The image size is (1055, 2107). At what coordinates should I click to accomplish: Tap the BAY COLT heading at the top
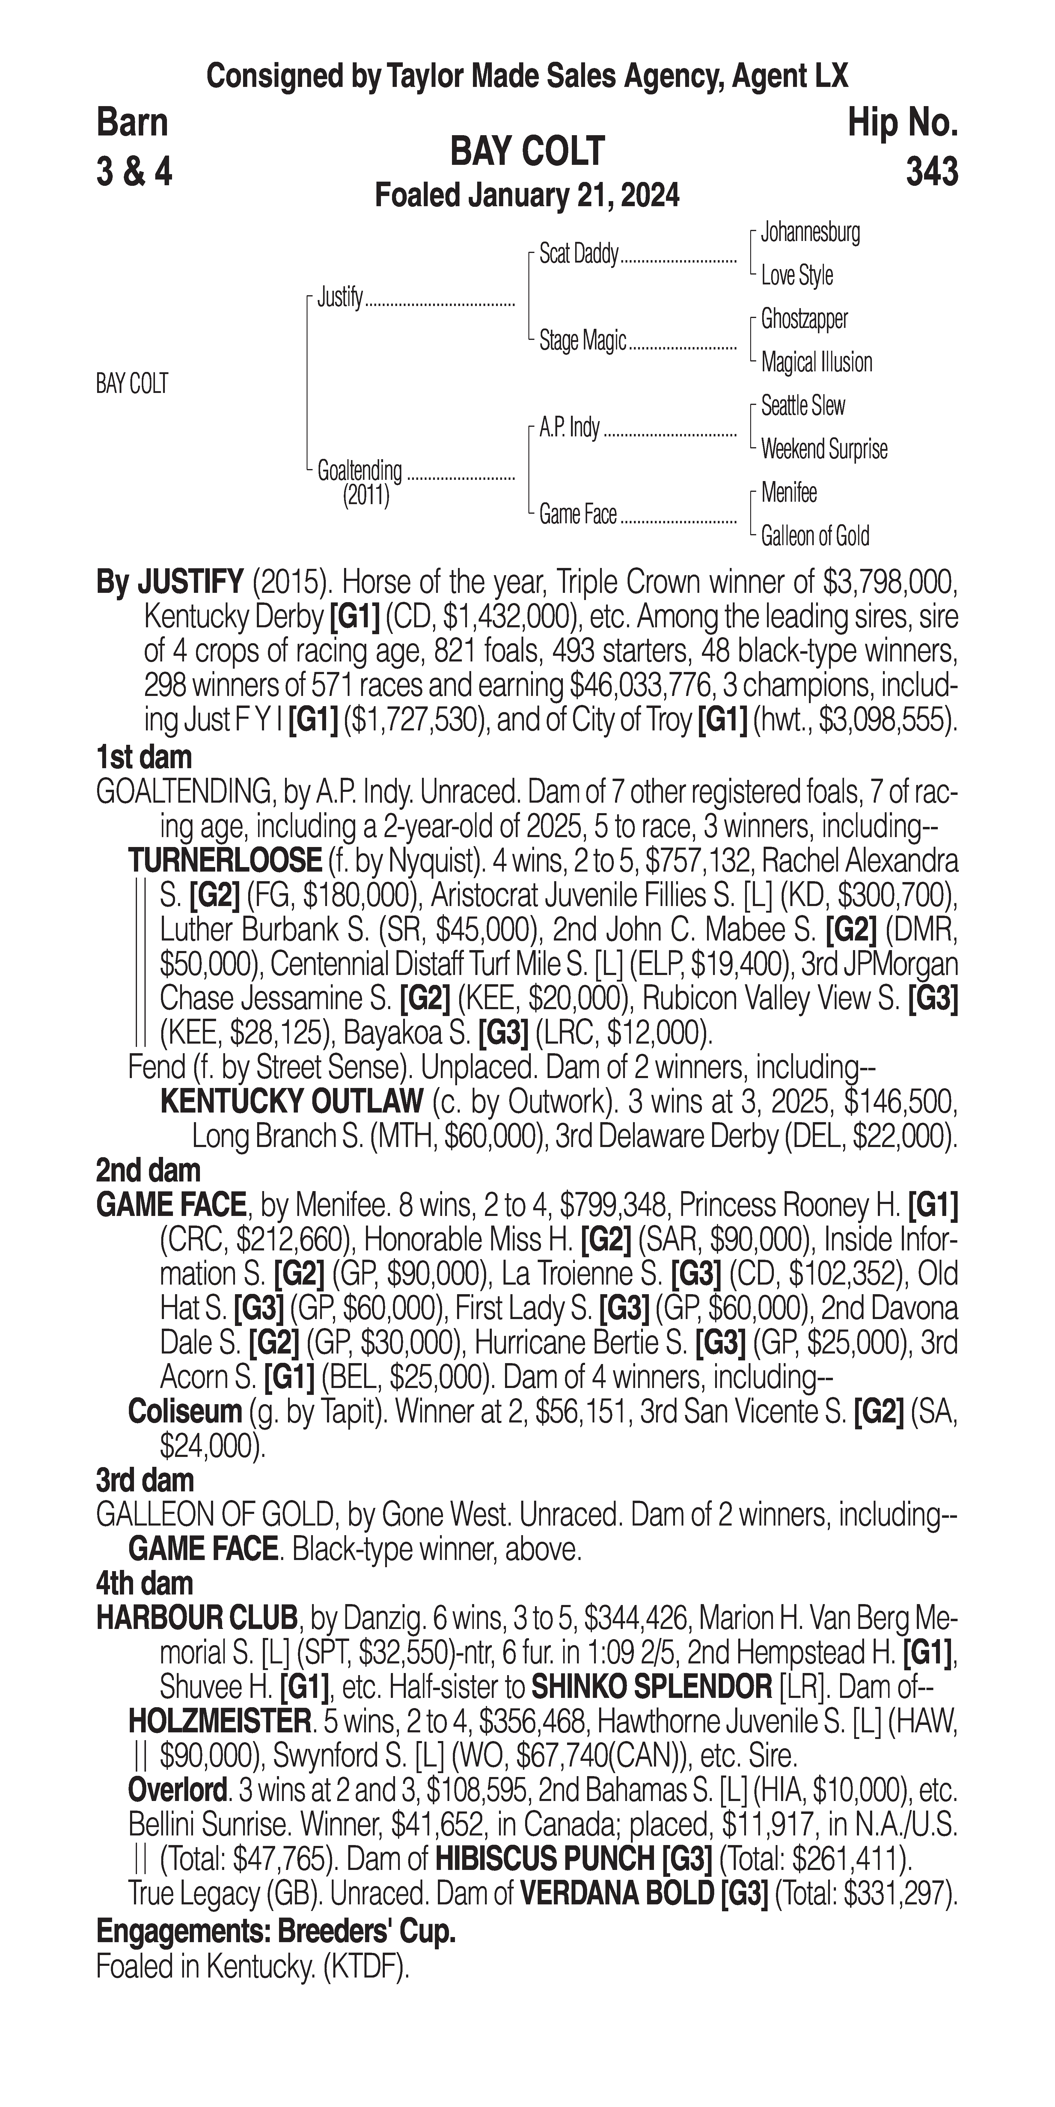pyautogui.click(x=527, y=151)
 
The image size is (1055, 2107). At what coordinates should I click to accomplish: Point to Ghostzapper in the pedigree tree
pyautogui.click(x=804, y=319)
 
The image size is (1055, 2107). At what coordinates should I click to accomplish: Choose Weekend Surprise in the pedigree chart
pyautogui.click(x=824, y=449)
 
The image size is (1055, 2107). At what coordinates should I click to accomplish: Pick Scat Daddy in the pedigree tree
pyautogui.click(x=578, y=254)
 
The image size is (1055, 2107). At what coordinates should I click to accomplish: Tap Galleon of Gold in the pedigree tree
pyautogui.click(x=815, y=536)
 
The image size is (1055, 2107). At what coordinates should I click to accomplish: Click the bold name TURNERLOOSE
pyautogui.click(x=225, y=860)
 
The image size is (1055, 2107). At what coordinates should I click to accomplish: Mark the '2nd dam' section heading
pyautogui.click(x=148, y=1170)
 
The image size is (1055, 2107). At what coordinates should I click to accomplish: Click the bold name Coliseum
pyautogui.click(x=185, y=1411)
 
